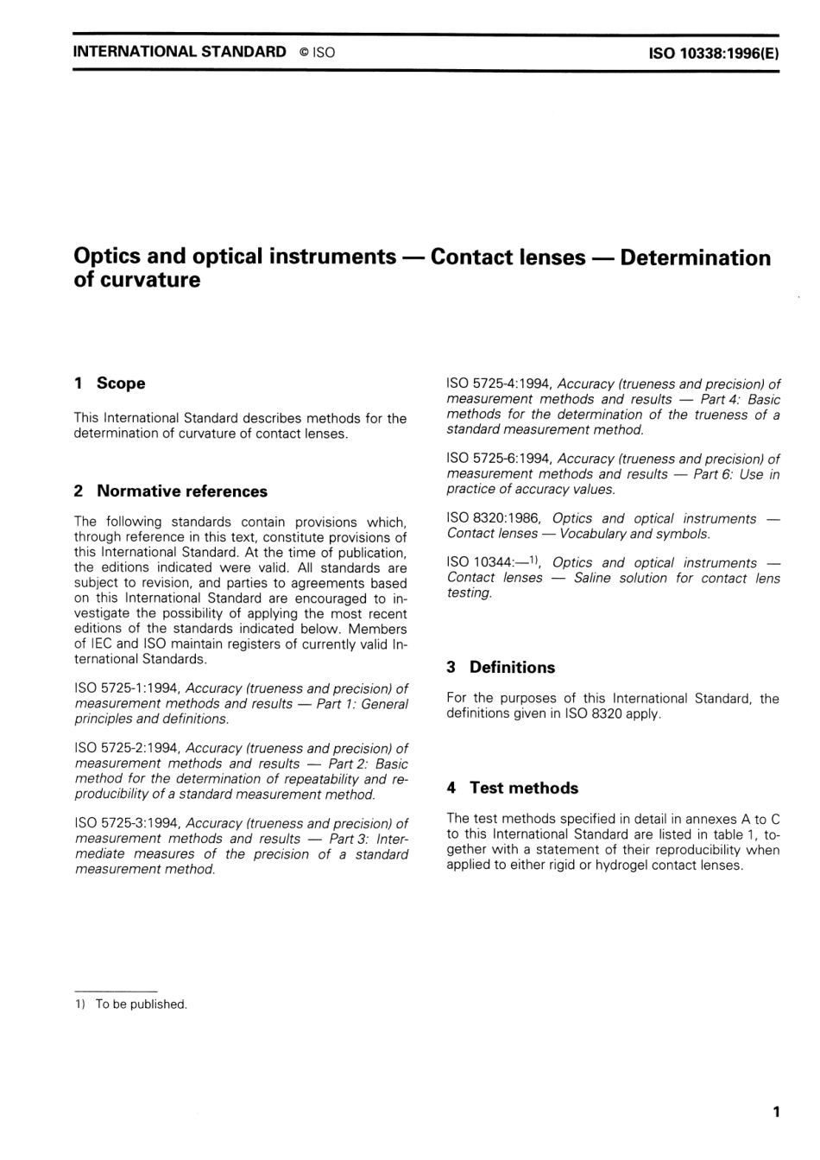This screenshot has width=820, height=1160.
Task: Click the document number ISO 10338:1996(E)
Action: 713,53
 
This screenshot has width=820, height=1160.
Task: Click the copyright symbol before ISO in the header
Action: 304,53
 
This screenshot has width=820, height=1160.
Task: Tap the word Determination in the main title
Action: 695,258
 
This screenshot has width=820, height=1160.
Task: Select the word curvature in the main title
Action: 149,281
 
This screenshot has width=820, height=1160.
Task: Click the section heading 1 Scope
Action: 110,383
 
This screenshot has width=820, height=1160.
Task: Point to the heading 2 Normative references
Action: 171,491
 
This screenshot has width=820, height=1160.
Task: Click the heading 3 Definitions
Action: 501,668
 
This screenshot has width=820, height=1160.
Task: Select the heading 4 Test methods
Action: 513,788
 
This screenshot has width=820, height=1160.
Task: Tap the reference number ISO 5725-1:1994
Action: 128,689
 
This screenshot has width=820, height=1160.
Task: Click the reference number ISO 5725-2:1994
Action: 128,749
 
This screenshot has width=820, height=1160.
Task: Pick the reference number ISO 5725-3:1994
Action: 128,824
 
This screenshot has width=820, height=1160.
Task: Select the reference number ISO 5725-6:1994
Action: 500,460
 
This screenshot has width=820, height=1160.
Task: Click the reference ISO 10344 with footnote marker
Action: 492,563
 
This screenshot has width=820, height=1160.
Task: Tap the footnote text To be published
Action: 141,1005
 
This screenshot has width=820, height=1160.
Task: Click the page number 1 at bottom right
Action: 776,1112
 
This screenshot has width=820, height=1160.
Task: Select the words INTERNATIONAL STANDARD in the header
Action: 180,52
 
